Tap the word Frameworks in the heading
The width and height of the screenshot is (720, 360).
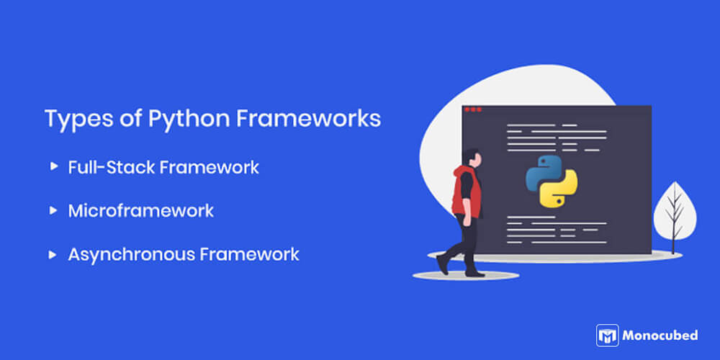(309, 119)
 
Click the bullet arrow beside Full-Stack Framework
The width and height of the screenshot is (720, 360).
(54, 166)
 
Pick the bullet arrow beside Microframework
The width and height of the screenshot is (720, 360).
(54, 210)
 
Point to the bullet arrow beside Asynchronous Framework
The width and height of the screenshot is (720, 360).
(54, 254)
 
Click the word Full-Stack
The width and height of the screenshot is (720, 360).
(111, 167)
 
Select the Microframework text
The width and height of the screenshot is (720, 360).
(141, 211)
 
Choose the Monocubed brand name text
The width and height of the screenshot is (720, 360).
(660, 336)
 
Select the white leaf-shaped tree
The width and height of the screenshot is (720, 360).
(675, 211)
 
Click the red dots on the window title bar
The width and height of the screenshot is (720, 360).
(473, 109)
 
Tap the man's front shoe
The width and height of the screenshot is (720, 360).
(475, 274)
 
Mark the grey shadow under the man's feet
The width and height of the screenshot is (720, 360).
(466, 276)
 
